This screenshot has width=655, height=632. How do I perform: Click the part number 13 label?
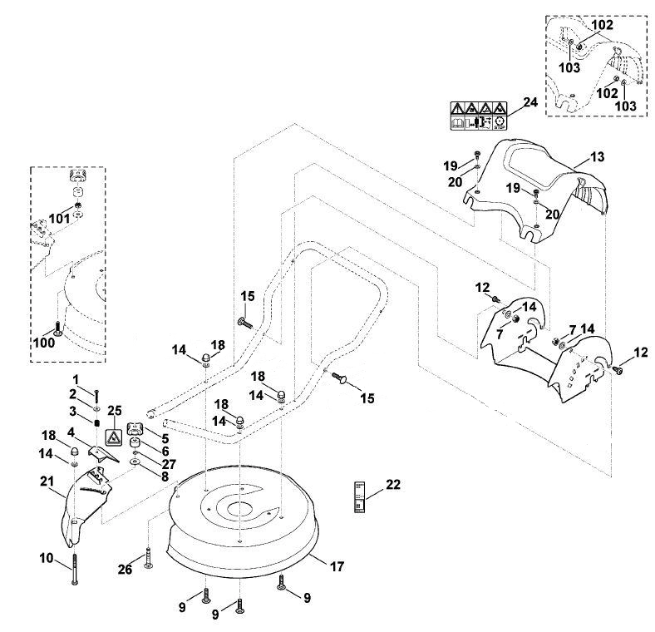598,156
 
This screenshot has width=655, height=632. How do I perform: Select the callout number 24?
530,102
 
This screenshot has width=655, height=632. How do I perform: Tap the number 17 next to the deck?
337,566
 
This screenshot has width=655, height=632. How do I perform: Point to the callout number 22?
393,485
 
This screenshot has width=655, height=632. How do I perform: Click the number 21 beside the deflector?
47,481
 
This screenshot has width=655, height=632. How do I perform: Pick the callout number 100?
44,343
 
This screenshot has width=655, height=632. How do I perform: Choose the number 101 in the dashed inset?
59,219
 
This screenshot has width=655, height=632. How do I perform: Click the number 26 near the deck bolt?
125,569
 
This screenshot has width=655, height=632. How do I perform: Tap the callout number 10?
47,558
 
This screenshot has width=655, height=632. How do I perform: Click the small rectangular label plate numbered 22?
359,496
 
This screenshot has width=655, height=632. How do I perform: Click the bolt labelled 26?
149,558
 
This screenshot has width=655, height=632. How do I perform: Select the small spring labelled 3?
97,422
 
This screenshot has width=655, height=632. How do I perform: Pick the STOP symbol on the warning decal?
500,122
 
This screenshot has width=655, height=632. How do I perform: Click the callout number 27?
170,464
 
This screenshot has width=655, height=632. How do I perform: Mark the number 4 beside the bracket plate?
71,432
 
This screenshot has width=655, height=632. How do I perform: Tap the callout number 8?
165,476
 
